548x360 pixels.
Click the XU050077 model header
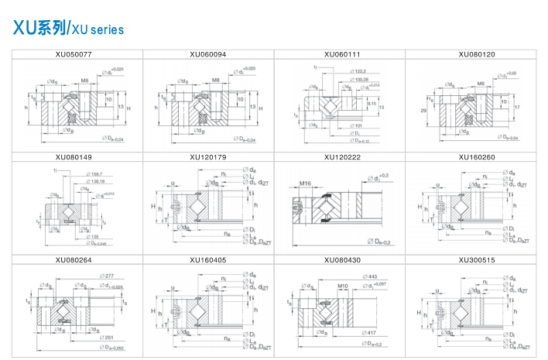coord(74,54)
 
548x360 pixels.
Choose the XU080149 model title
coord(74,157)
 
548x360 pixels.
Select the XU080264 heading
coord(74,260)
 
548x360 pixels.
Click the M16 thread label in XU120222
coord(306,183)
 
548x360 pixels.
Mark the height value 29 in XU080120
coord(423,111)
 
